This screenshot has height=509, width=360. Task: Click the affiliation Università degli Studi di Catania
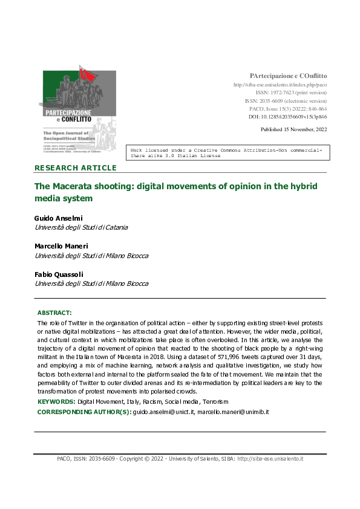pyautogui.click(x=82, y=227)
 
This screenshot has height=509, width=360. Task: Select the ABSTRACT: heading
pyautogui.click(x=54, y=313)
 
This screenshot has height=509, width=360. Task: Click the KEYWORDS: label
pyautogui.click(x=56, y=401)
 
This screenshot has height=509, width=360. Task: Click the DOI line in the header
pyautogui.click(x=288, y=117)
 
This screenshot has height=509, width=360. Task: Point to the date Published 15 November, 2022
pyautogui.click(x=293, y=129)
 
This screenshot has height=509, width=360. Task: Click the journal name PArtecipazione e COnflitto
pyautogui.click(x=288, y=76)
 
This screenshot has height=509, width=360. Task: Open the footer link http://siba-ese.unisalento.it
pyautogui.click(x=270, y=459)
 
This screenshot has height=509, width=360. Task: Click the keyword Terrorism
pyautogui.click(x=215, y=401)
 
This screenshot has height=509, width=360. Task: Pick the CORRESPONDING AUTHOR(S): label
pyautogui.click(x=83, y=412)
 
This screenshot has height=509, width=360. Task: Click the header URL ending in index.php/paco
pyautogui.click(x=280, y=85)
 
